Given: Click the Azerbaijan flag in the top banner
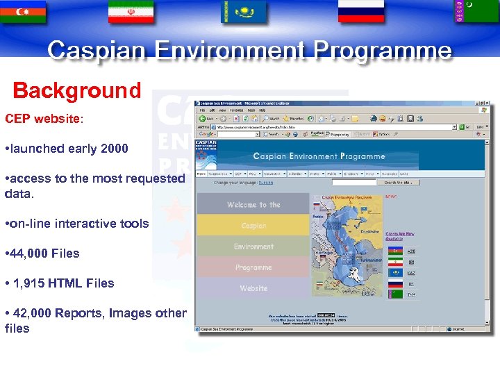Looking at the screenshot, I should tap(23, 11).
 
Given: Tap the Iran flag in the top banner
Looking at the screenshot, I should tap(131, 11).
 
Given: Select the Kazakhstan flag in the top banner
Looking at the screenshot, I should tap(244, 11).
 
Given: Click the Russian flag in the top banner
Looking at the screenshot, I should tap(361, 11).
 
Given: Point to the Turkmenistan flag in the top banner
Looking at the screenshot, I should tap(476, 11).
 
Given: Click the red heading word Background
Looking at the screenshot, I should tap(77, 91).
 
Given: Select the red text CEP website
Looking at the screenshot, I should tap(42, 119).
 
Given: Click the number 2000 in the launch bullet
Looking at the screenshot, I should tap(114, 149).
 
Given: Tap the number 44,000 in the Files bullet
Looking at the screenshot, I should tap(30, 253).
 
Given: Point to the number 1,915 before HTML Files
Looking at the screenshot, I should tap(31, 283).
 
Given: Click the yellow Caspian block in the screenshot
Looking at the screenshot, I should tap(253, 226).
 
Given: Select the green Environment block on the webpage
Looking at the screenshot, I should tap(253, 247).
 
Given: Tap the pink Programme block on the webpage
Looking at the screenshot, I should tap(253, 267).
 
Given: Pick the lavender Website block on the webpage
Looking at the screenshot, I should tap(253, 287).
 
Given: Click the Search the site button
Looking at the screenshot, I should tap(402, 183).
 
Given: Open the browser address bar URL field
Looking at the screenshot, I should tap(333, 127).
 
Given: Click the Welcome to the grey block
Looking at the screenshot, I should tap(253, 205).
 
